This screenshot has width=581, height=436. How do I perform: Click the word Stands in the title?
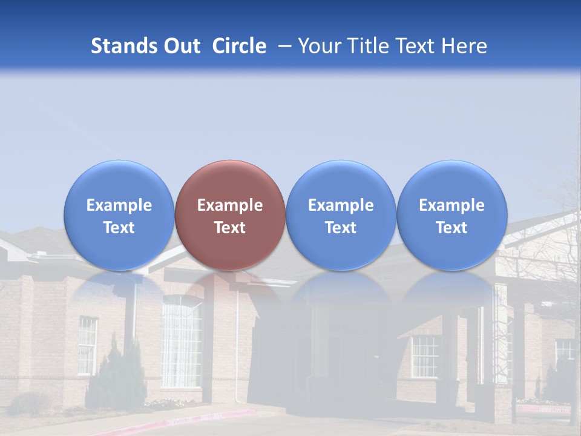coord(123,46)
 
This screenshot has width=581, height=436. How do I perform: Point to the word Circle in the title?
coord(239,46)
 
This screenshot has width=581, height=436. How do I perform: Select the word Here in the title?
coord(464,46)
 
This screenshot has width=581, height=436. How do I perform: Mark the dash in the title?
coord(285,46)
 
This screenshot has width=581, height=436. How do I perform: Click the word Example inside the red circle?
coord(230,205)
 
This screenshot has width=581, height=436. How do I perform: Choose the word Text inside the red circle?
coord(230,228)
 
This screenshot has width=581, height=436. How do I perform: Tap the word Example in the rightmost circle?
coord(451,205)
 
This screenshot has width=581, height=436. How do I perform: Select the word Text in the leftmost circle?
coord(119,228)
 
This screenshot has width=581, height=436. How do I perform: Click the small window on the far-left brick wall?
coord(87,345)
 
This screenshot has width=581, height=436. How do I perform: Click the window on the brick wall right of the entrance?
coord(425,356)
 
